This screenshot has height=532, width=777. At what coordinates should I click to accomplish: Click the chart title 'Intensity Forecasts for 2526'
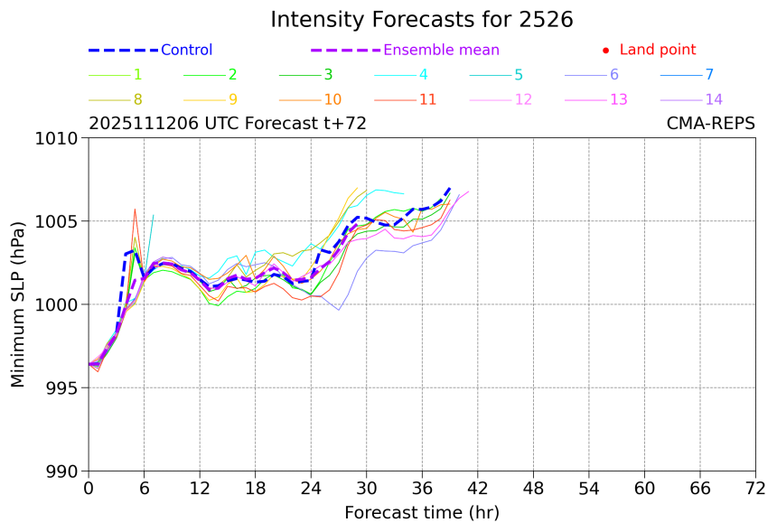[x=421, y=20]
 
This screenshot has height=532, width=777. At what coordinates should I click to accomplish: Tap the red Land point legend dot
[x=605, y=51]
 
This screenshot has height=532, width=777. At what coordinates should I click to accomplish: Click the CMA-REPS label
[x=710, y=124]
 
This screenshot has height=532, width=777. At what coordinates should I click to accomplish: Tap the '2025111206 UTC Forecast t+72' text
[x=228, y=124]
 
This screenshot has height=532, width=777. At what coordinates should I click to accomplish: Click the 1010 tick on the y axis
[x=60, y=138]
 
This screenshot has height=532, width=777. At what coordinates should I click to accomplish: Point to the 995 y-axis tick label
[x=63, y=388]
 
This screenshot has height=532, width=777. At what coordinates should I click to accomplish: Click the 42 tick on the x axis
[x=478, y=489]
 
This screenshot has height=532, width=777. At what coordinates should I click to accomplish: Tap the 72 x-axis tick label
[x=755, y=489]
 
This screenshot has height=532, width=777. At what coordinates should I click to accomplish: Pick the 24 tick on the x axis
[x=311, y=489]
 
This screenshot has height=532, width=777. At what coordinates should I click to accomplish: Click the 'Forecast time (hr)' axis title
[x=421, y=513]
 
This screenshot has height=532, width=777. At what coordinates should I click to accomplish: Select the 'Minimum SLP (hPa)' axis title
[x=18, y=304]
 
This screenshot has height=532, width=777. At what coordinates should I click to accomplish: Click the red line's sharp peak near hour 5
[x=135, y=210]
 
